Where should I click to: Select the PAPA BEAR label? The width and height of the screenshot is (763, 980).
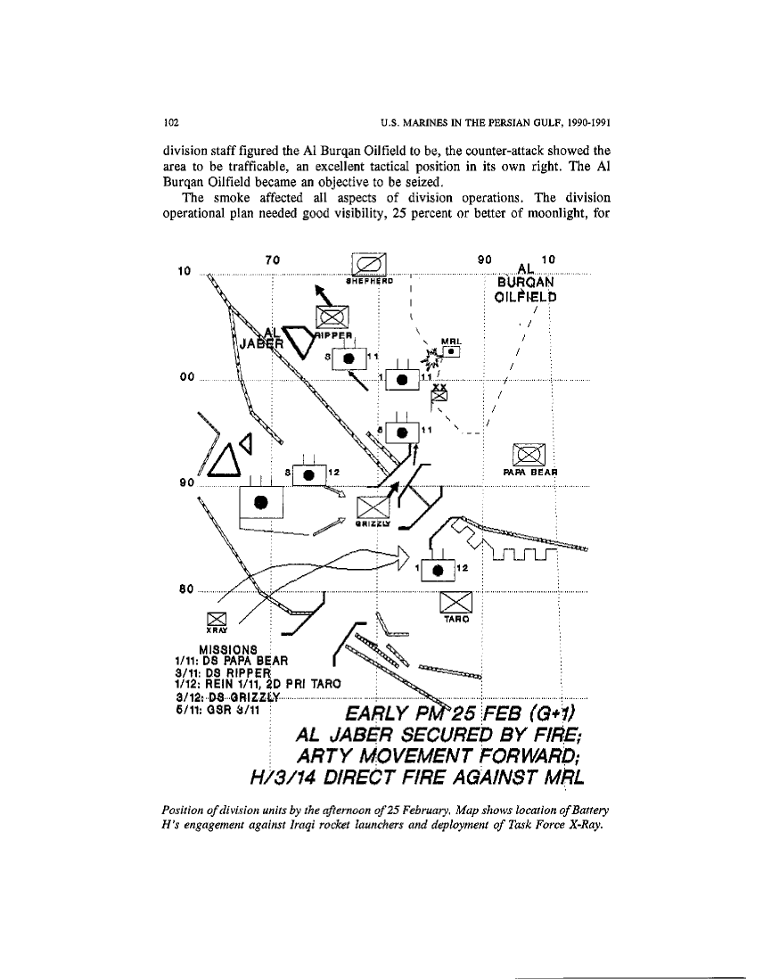[531, 473]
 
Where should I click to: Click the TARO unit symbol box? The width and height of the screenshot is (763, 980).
[456, 602]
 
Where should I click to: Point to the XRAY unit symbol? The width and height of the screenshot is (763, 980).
[217, 619]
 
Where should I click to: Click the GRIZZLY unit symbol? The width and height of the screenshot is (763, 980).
[370, 509]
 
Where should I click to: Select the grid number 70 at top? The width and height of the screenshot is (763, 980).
[274, 259]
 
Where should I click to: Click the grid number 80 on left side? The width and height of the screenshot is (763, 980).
[186, 589]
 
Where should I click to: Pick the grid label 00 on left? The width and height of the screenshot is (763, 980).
[186, 377]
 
